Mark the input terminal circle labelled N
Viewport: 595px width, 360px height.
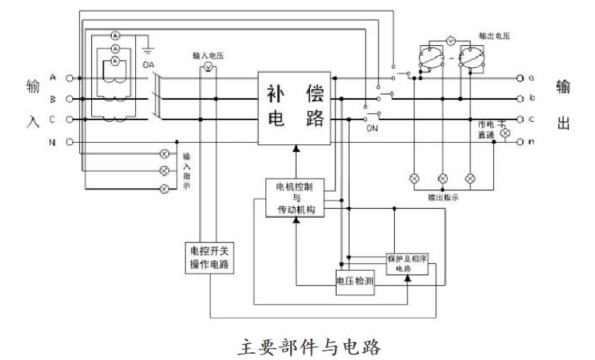(x=69, y=142)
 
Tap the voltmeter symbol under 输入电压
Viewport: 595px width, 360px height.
(x=209, y=66)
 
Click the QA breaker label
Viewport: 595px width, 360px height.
(x=149, y=65)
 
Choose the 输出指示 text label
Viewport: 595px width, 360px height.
(x=444, y=198)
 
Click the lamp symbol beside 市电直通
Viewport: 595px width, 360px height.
(x=504, y=133)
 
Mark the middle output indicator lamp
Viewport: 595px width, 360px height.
(x=443, y=178)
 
